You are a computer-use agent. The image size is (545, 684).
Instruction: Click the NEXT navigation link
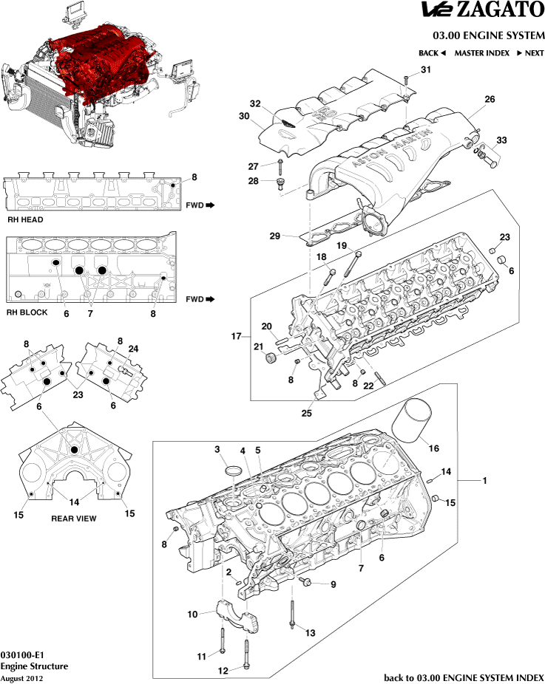click(x=529, y=53)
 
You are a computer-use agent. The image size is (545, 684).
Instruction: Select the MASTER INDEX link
click(x=481, y=53)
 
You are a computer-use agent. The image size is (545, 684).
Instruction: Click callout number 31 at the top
click(x=425, y=69)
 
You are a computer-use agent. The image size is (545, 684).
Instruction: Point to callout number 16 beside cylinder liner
click(x=434, y=448)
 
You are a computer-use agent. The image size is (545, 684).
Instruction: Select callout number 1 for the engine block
click(x=484, y=481)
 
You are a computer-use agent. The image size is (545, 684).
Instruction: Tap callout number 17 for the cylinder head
click(x=237, y=337)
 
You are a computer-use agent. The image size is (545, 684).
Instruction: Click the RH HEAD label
click(x=25, y=219)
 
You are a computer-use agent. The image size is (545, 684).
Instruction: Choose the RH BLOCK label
click(x=27, y=312)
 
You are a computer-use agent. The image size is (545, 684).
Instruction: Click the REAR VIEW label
click(x=73, y=519)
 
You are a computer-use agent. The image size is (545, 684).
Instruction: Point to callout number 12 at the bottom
click(x=224, y=671)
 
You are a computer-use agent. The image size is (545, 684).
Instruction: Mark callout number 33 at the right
click(x=501, y=140)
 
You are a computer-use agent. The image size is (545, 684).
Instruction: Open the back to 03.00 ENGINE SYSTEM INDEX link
click(x=464, y=677)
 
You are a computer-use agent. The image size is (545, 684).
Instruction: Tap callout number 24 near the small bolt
click(x=133, y=349)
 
